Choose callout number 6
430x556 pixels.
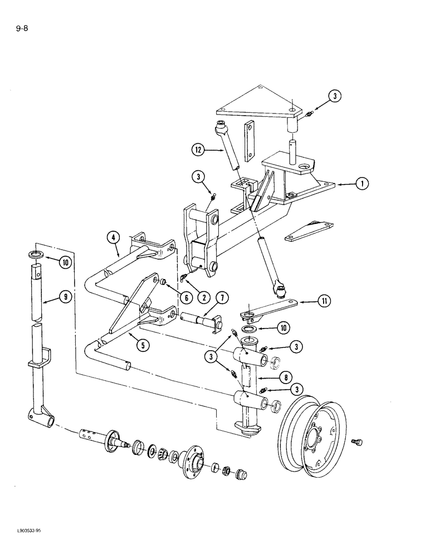pos(186,297)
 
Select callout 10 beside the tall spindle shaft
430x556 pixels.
pos(65,261)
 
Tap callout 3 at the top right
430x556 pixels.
pos(334,97)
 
